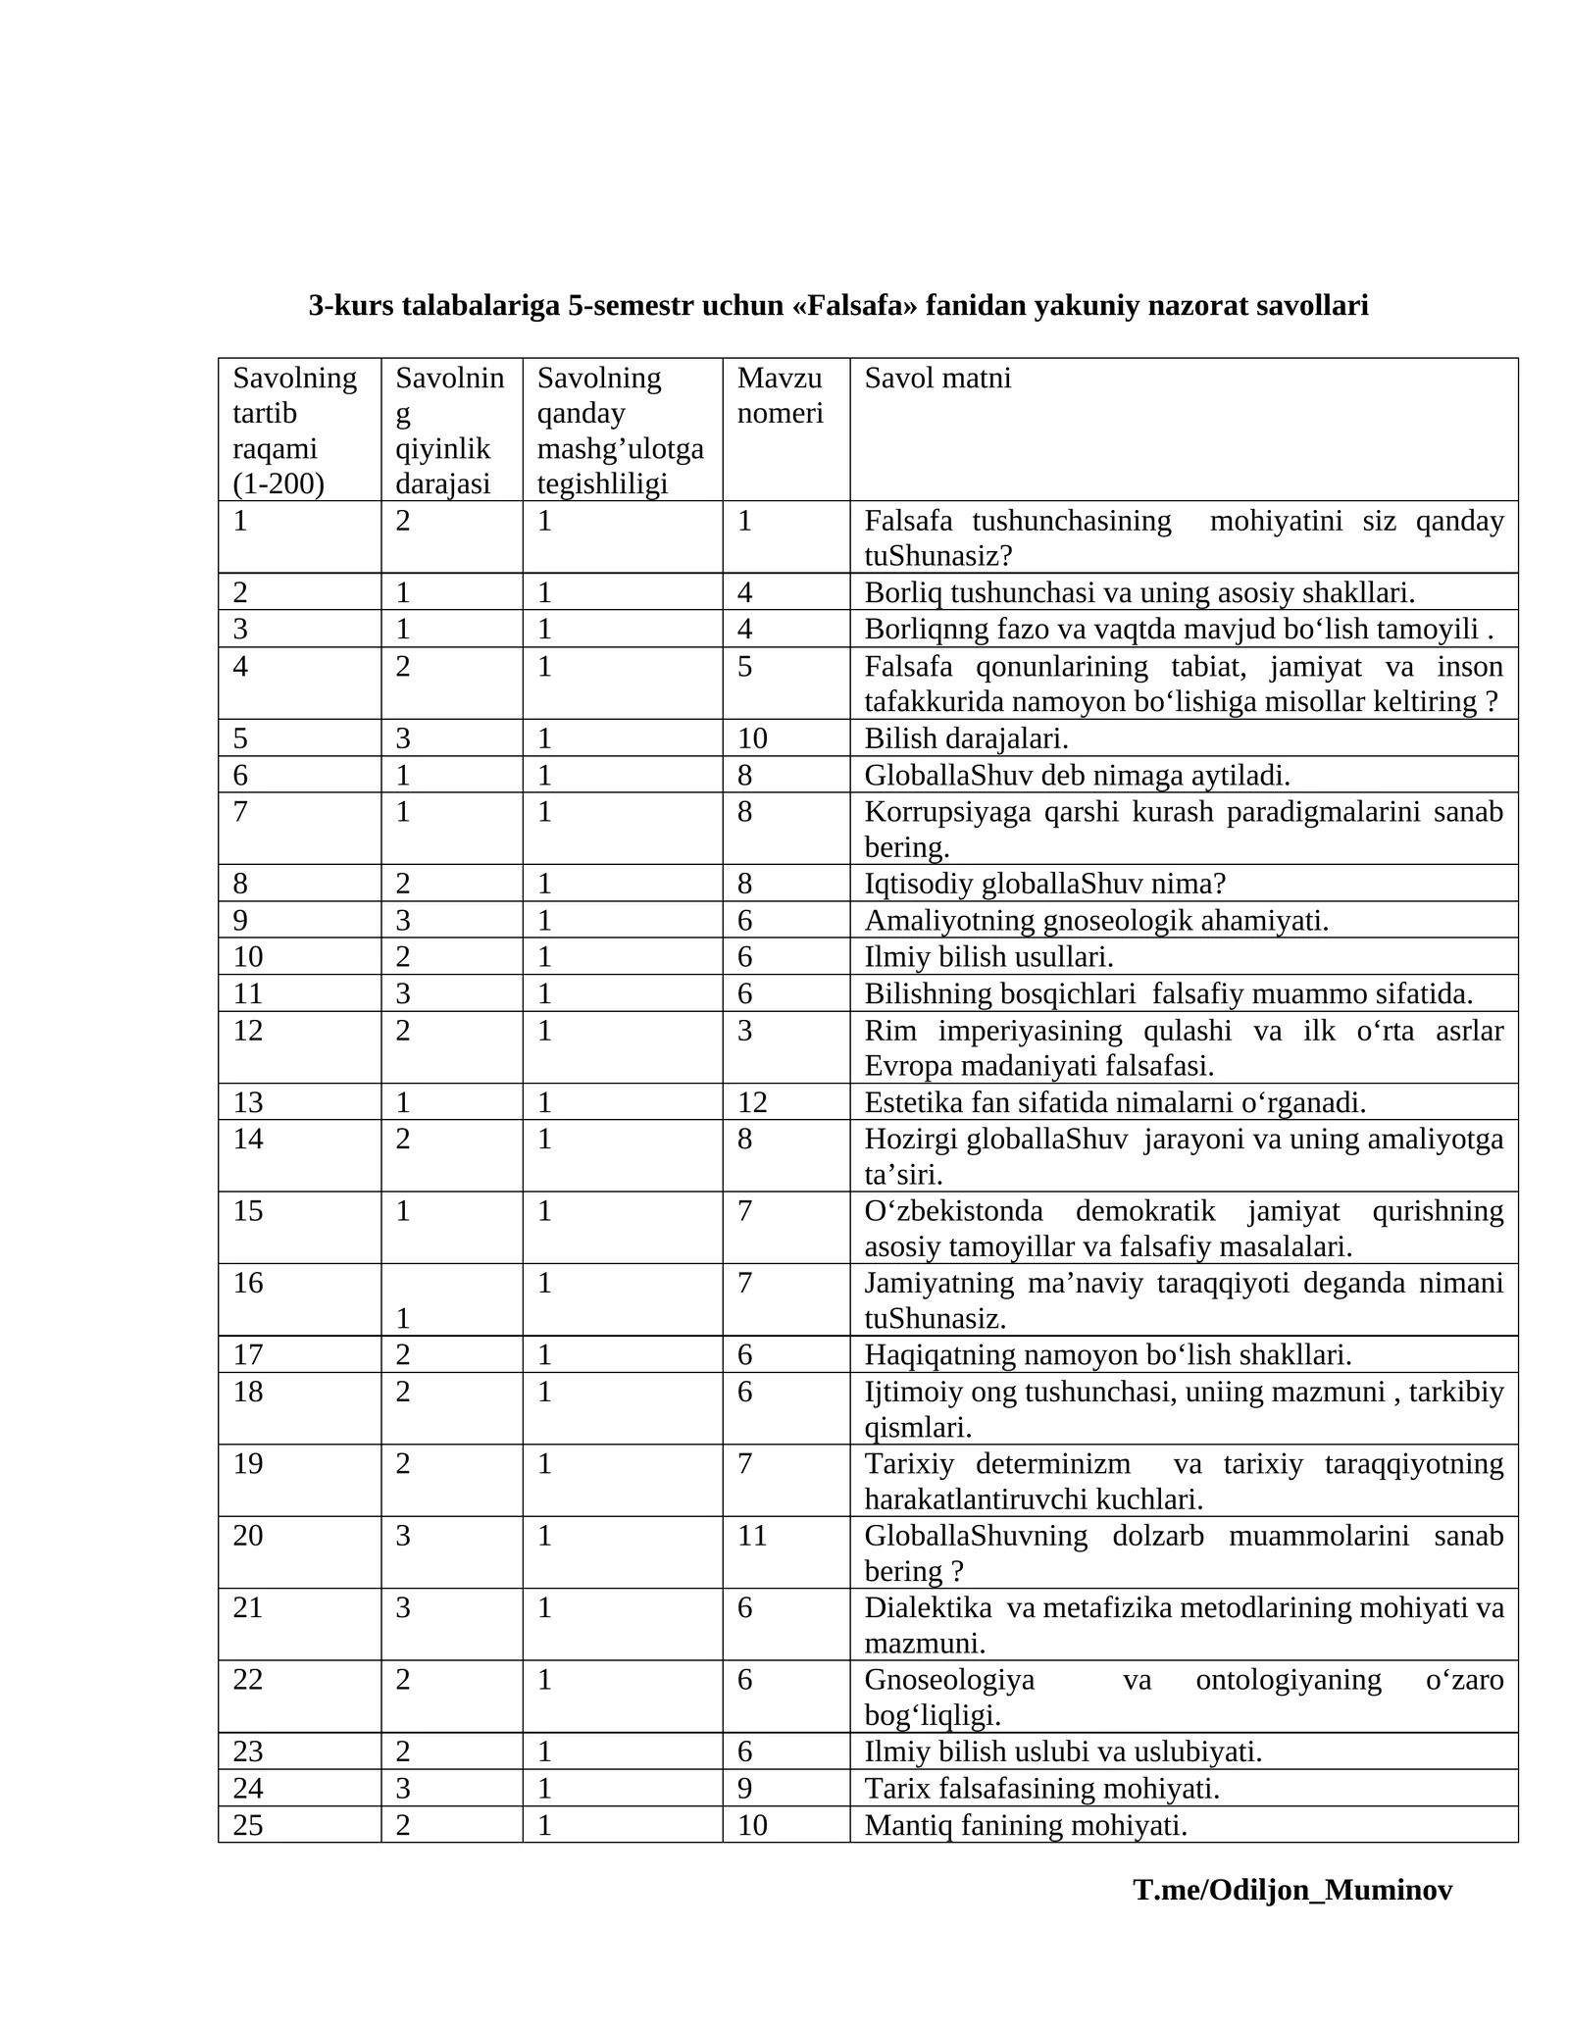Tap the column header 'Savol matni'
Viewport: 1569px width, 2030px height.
(x=936, y=378)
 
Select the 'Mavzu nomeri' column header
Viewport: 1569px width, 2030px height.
(x=780, y=395)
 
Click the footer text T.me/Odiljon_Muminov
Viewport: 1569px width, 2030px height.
(x=1291, y=1917)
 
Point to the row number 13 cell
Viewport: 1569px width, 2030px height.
(x=248, y=1102)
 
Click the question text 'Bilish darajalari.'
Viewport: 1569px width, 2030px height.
(x=966, y=737)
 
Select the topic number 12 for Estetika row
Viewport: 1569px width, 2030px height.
(x=752, y=1102)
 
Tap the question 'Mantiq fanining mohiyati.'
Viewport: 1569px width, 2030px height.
(x=1026, y=1825)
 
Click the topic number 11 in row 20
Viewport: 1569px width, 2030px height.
(x=752, y=1535)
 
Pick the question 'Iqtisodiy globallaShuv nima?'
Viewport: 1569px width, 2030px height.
(x=1044, y=884)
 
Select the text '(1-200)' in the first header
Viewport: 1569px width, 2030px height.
(x=278, y=483)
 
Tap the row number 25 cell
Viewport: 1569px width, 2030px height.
(x=248, y=1825)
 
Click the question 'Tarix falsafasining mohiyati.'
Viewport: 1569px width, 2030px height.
(x=1041, y=1789)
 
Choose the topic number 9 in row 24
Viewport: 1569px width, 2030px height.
(x=745, y=1789)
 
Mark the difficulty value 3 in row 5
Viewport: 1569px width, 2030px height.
(x=403, y=737)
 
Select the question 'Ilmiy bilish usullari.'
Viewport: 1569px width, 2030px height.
(x=988, y=956)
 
